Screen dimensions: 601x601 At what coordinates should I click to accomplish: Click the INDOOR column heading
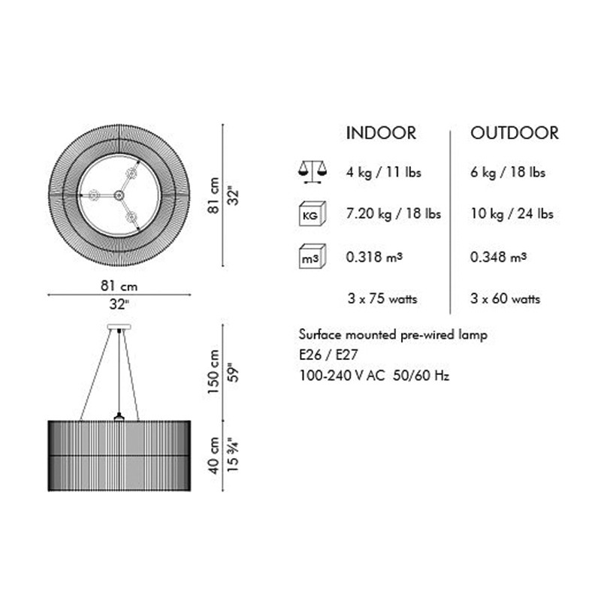coord(381,133)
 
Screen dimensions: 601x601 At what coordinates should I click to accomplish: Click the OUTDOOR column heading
coord(515,133)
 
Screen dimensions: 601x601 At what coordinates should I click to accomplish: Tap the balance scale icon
coord(313,172)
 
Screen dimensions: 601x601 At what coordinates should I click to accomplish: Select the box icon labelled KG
coord(313,213)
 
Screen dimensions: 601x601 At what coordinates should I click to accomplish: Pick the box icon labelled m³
coord(313,256)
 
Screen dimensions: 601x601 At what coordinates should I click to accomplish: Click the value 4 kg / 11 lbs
coord(384,172)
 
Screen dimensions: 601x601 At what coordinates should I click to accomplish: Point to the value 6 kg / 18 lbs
coord(508,172)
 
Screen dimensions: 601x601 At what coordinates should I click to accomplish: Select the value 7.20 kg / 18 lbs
coord(394,213)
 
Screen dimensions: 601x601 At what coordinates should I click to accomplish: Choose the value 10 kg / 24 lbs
coord(512,213)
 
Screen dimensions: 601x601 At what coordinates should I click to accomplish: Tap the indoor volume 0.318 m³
coord(374,256)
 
